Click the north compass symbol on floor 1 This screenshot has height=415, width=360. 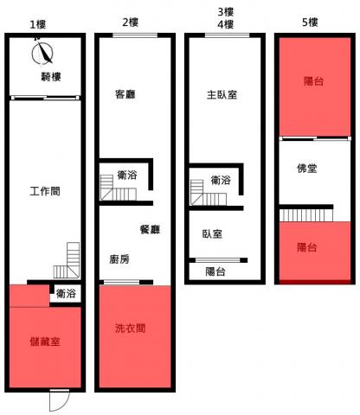[42, 53]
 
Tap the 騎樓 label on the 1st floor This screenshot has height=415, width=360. [51, 77]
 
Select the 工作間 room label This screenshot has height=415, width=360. [45, 191]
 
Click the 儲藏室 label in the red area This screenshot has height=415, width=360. [45, 342]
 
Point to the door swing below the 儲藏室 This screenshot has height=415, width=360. [59, 400]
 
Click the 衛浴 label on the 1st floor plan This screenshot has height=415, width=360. [66, 294]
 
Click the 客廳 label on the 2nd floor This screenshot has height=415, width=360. [125, 94]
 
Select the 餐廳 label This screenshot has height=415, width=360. [150, 229]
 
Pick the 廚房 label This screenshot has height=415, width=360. [119, 259]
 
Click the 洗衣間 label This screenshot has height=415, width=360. [130, 328]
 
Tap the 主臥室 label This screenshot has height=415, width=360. [222, 94]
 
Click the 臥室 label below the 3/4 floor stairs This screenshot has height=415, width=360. [212, 233]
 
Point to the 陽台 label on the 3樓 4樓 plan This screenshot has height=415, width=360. [215, 271]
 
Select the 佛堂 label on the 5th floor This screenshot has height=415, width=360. [307, 169]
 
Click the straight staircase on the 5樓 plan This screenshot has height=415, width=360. [306, 215]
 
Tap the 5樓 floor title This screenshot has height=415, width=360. [310, 22]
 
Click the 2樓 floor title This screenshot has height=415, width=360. [131, 22]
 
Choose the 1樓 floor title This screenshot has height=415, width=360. [38, 24]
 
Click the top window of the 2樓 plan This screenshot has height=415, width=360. [135, 35]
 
